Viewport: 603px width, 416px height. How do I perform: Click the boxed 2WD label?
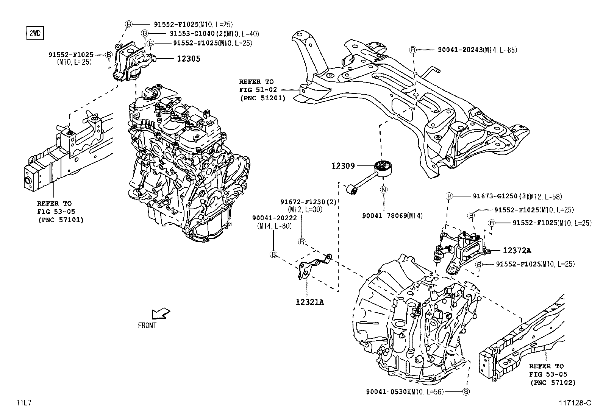point(34,33)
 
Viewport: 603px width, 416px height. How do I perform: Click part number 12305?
point(187,59)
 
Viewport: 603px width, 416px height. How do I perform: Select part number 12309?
point(343,165)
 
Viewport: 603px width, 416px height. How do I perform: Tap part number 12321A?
point(310,302)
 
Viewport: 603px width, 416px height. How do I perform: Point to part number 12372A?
point(517,251)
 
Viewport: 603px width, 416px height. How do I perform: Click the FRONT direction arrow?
point(160,314)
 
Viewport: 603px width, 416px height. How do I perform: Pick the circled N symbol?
point(384,190)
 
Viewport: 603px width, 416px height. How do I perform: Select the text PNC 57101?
point(61,220)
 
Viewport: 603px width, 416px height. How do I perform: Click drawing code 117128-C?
point(575,403)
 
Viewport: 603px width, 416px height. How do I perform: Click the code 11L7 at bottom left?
point(23,403)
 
